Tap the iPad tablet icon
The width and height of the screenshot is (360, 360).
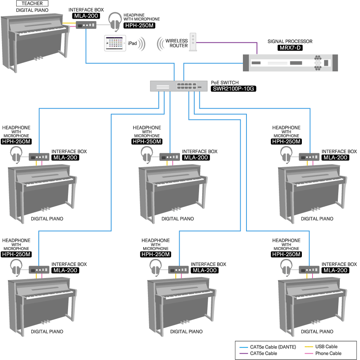click(x=115, y=43)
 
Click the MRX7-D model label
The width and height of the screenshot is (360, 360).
click(x=290, y=48)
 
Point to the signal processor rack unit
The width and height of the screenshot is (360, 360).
click(x=290, y=63)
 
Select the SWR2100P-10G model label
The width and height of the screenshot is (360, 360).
click(x=233, y=89)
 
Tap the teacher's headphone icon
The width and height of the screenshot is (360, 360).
click(x=116, y=21)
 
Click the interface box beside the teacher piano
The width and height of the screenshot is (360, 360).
click(x=86, y=25)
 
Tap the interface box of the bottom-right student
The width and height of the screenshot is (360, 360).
click(x=309, y=269)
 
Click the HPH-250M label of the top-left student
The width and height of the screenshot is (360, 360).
click(x=16, y=141)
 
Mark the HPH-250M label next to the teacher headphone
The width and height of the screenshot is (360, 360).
click(x=139, y=25)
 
